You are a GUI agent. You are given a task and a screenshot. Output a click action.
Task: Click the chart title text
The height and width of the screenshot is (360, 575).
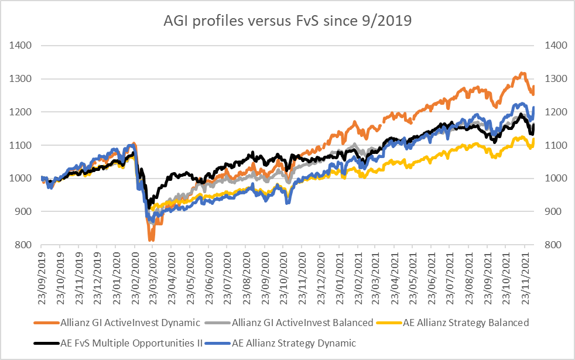click(287, 22)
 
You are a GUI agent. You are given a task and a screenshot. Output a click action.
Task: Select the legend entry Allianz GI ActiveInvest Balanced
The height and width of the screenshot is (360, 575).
click(302, 323)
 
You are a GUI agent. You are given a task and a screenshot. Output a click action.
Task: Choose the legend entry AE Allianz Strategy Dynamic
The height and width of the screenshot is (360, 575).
click(294, 342)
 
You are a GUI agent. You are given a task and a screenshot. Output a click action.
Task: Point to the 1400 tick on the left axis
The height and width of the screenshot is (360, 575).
click(19, 46)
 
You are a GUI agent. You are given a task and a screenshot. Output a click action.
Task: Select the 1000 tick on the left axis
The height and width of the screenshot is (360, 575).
click(19, 179)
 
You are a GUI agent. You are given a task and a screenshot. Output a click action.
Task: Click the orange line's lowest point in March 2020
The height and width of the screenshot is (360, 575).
click(151, 239)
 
